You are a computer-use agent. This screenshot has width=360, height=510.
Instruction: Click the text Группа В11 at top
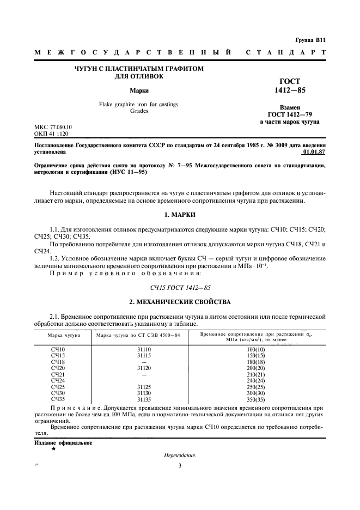[x=310, y=40]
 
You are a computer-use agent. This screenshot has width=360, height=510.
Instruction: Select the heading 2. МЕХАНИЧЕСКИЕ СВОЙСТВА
[x=179, y=302]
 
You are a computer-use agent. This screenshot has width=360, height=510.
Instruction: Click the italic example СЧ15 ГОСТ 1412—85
[x=179, y=286]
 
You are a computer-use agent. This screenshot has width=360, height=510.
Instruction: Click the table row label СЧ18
[x=58, y=361]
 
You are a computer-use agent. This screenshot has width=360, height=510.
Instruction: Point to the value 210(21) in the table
[x=255, y=374]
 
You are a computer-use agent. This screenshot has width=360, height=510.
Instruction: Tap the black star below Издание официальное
[x=53, y=450]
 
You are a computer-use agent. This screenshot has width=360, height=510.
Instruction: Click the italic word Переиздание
[x=179, y=456]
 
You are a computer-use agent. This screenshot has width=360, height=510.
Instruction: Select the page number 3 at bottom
[x=179, y=466]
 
